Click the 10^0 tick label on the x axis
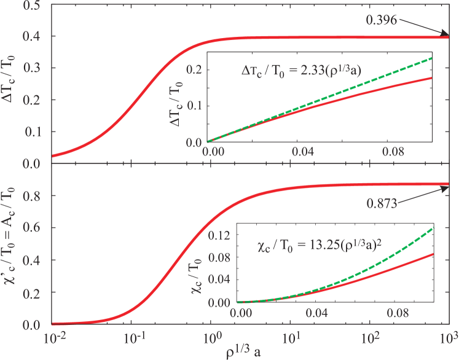tap(213, 339)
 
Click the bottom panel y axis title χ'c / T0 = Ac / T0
tap(9, 246)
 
